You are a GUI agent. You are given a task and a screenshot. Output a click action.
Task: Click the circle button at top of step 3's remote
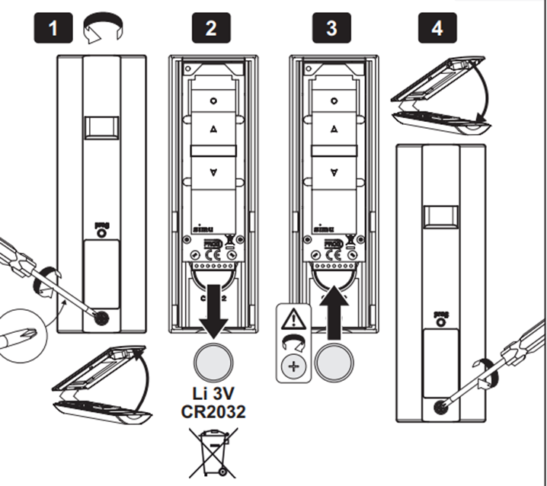coord(332,100)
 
